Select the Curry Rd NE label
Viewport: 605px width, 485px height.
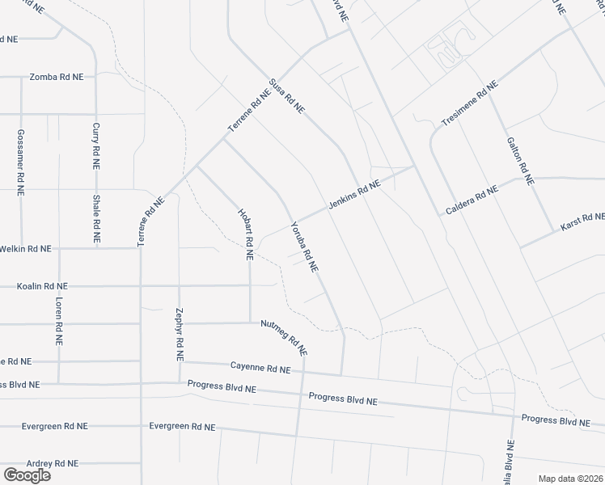(95, 145)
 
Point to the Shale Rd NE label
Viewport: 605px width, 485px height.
(95, 219)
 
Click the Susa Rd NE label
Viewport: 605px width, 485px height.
(287, 95)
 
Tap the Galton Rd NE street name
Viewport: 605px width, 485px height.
(521, 160)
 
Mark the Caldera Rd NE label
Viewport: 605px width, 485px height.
(472, 200)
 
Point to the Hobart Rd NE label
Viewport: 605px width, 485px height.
(246, 234)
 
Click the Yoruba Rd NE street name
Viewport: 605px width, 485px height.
(304, 246)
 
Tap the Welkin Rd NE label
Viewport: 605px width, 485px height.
(26, 249)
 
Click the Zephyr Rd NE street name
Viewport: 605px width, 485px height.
(179, 334)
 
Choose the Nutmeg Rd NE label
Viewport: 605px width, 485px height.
(284, 338)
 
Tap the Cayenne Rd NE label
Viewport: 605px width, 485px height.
(260, 369)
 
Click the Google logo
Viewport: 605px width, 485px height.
(27, 475)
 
